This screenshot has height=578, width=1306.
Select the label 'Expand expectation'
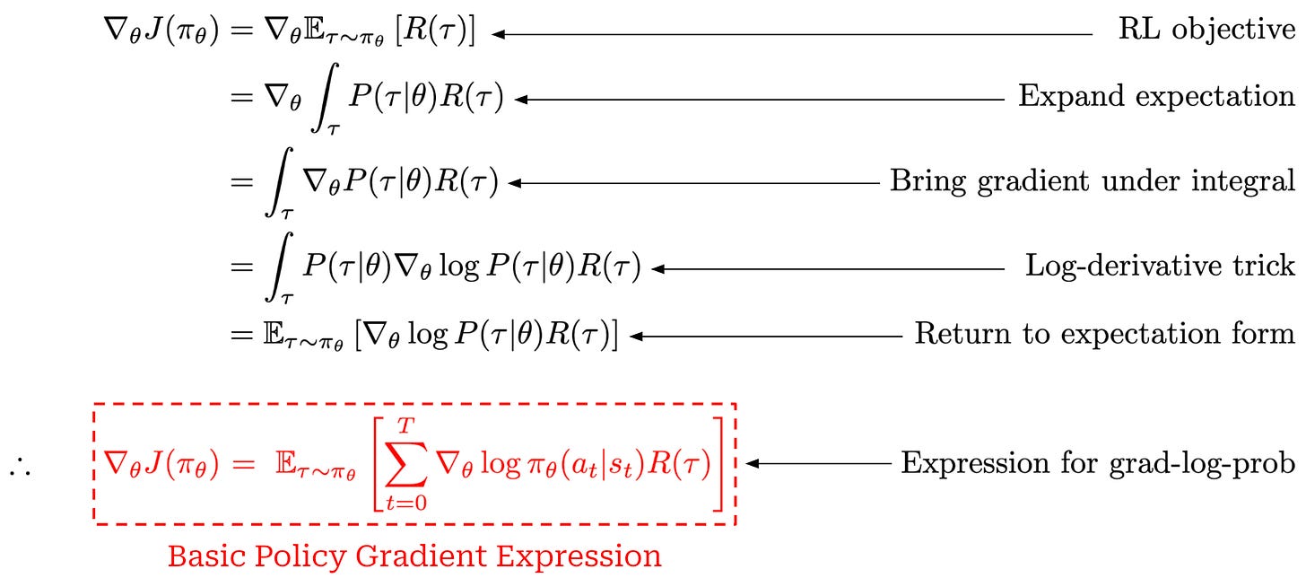coord(1156,96)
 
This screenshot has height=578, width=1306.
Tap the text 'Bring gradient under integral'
coord(1092,181)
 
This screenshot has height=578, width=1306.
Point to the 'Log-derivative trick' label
coord(1160,267)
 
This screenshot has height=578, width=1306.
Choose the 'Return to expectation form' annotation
coord(1104,335)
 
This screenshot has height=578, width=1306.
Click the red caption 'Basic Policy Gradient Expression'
coord(414,556)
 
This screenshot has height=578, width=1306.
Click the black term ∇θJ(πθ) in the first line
coord(161,33)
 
